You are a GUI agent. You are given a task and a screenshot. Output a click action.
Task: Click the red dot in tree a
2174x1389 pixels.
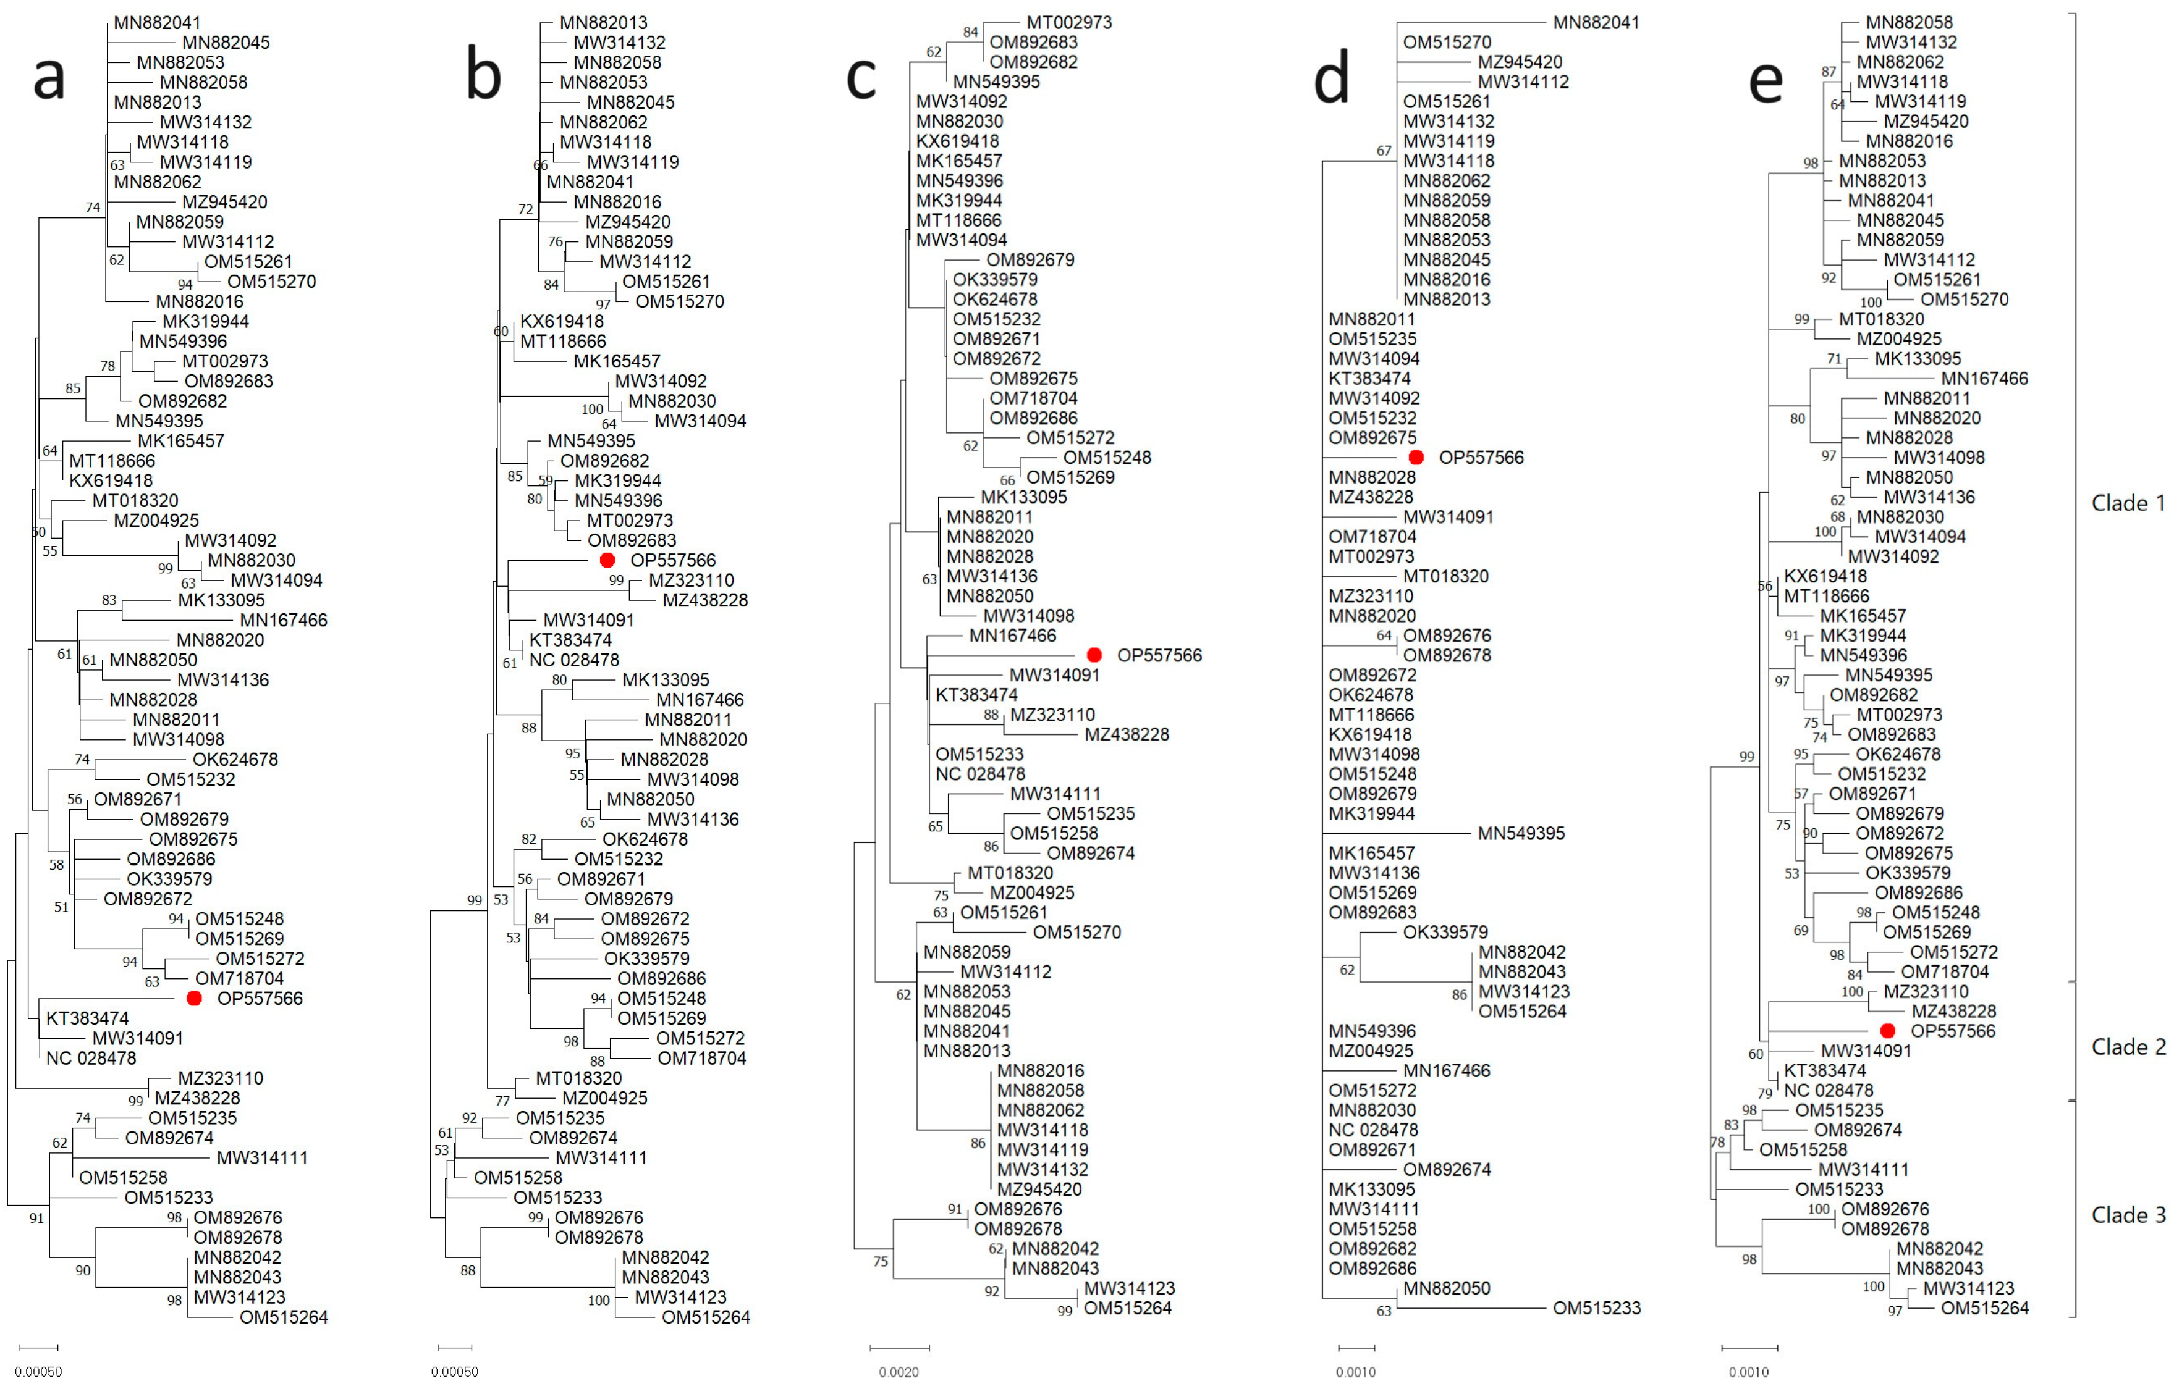pyautogui.click(x=194, y=998)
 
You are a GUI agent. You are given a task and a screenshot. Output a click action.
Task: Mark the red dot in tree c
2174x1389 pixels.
pyautogui.click(x=1094, y=655)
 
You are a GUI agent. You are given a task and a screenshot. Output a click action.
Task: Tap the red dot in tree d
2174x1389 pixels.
pyautogui.click(x=1416, y=458)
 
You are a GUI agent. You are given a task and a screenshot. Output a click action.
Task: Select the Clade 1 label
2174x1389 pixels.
pyautogui.click(x=2128, y=503)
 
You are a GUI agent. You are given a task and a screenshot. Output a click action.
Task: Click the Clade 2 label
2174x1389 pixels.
pyautogui.click(x=2128, y=1047)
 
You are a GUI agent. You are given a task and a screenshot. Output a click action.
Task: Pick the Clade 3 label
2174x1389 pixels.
pyautogui.click(x=2128, y=1215)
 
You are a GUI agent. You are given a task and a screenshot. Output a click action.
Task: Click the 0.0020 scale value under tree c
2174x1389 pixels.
pyautogui.click(x=899, y=1372)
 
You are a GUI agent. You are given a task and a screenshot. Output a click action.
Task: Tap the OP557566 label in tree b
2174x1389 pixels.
pyautogui.click(x=672, y=560)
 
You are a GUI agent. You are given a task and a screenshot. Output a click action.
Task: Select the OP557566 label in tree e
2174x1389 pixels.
pyautogui.click(x=1953, y=1031)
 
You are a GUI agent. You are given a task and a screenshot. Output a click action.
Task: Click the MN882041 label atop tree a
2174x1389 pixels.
pyautogui.click(x=157, y=23)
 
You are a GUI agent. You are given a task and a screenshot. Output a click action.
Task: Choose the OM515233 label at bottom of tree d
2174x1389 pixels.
pyautogui.click(x=1596, y=1307)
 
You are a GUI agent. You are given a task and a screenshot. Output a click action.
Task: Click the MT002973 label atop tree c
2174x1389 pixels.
pyautogui.click(x=1069, y=23)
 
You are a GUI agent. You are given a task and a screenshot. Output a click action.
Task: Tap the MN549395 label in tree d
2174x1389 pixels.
pyautogui.click(x=1521, y=834)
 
